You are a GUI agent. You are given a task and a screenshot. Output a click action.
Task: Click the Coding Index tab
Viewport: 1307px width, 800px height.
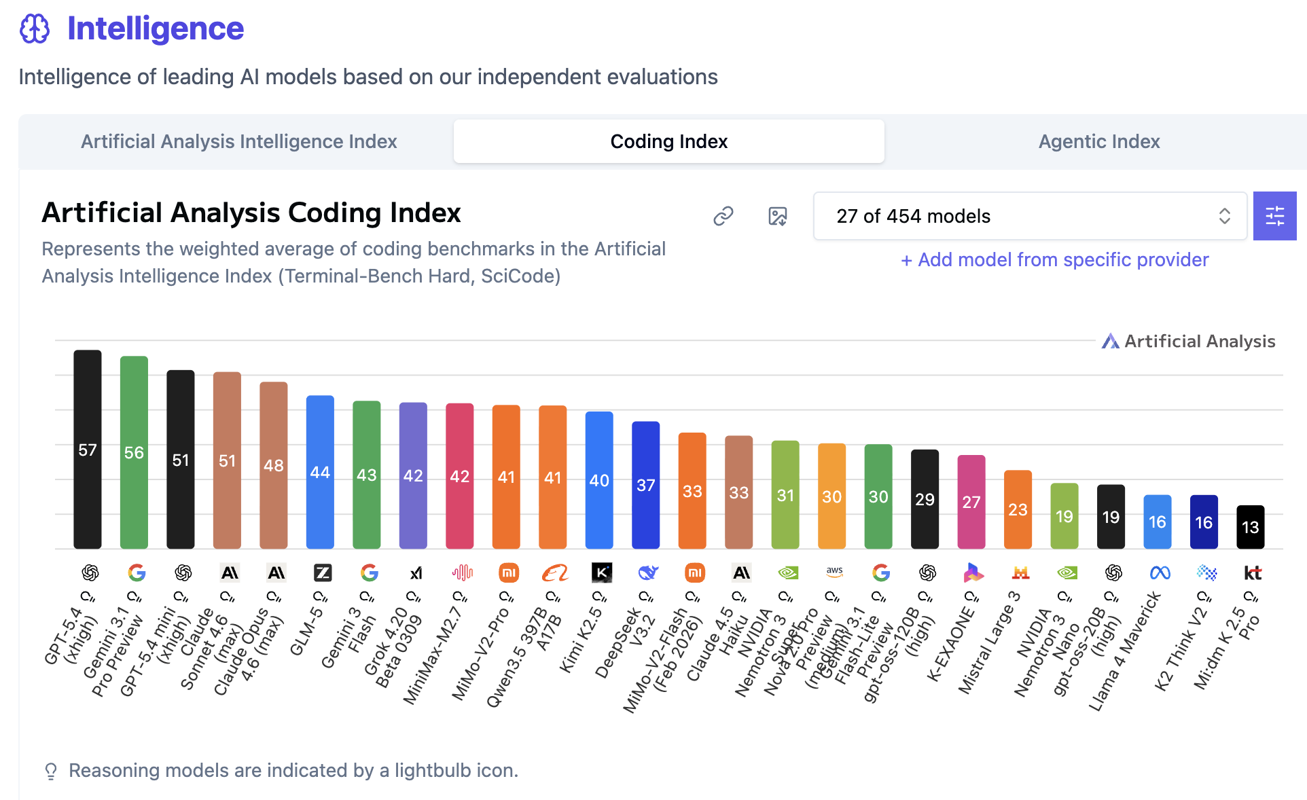[668, 141]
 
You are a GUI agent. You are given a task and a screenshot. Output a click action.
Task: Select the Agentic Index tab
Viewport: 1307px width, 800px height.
[1098, 141]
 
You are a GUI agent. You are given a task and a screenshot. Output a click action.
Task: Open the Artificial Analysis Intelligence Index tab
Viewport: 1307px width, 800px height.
[238, 141]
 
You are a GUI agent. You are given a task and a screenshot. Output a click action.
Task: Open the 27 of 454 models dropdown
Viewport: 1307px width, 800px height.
[1030, 216]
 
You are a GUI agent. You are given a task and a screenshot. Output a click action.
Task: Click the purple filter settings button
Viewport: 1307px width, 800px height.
[1274, 216]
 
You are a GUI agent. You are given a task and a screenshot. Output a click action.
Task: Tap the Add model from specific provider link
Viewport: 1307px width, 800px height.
[1054, 259]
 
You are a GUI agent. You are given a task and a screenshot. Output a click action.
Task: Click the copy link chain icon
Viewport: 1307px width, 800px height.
[723, 216]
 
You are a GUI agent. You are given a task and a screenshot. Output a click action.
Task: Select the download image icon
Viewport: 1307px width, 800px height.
[778, 216]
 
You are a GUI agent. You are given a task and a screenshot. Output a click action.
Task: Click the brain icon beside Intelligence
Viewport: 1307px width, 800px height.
[35, 29]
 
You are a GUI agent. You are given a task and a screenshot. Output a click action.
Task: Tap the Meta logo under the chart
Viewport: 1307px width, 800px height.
[1160, 573]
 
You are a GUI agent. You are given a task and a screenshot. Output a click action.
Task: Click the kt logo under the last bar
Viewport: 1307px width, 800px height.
[1252, 573]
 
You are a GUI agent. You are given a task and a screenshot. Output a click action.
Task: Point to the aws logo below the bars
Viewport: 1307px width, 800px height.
[834, 572]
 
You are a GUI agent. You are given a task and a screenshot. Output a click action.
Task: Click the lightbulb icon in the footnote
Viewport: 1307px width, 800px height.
[51, 771]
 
